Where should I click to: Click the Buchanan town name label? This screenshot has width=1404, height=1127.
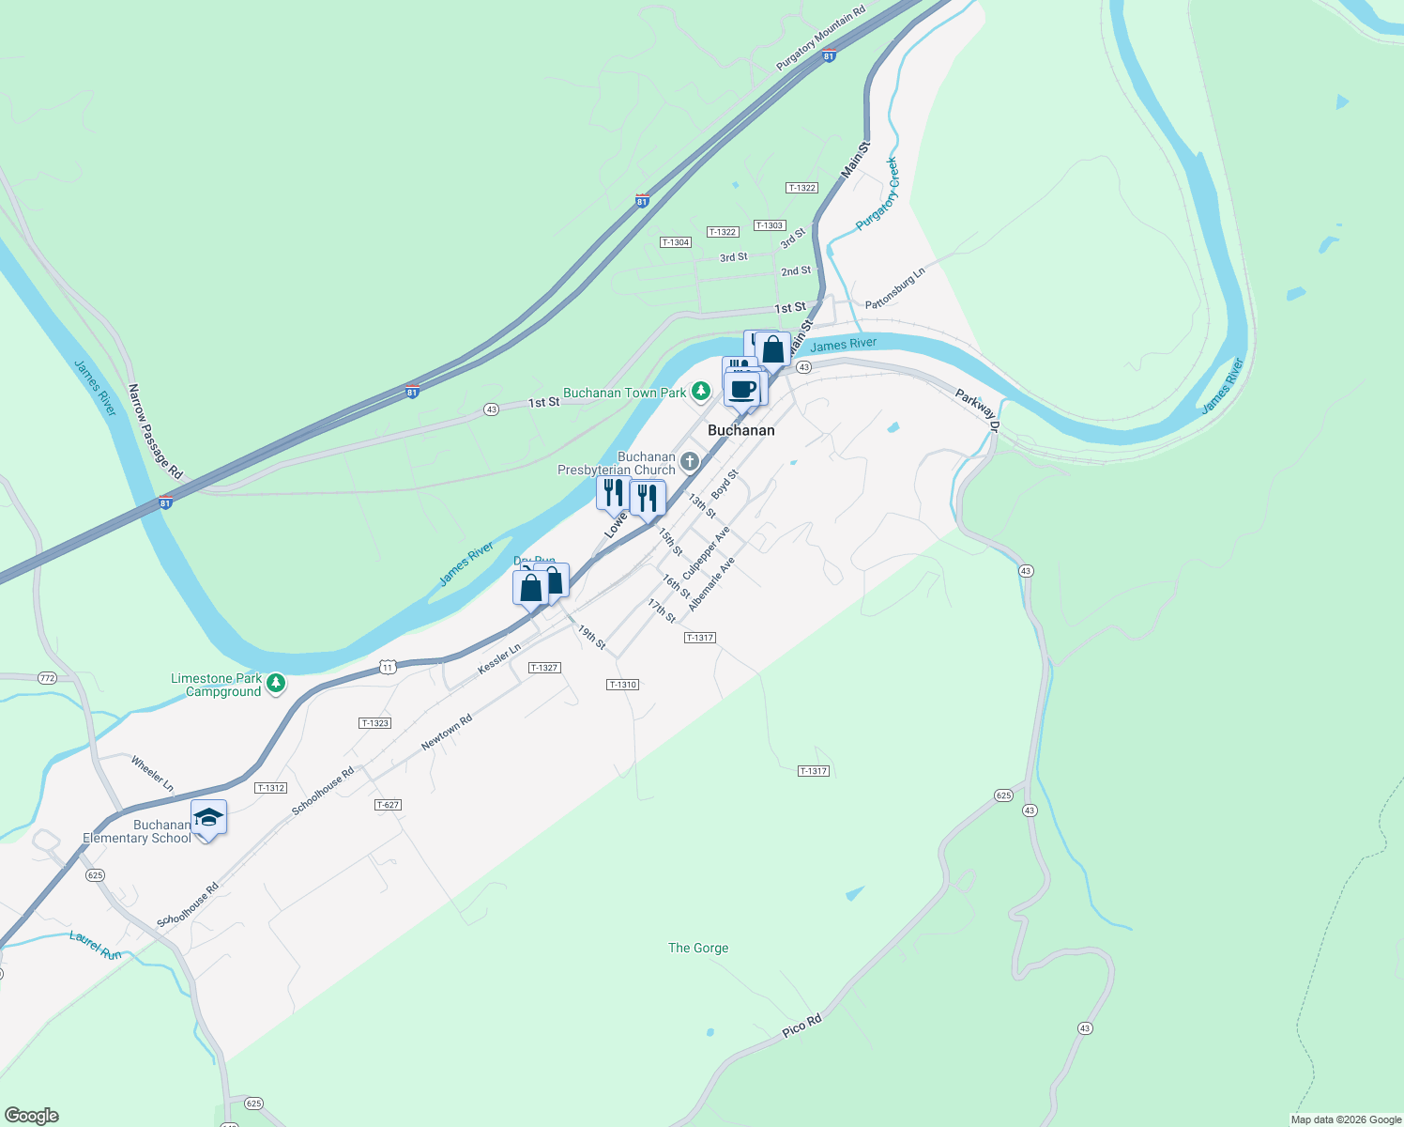tap(741, 430)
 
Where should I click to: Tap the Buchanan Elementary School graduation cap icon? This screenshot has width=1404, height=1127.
tap(208, 817)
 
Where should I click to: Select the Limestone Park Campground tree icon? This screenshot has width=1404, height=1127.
tap(275, 684)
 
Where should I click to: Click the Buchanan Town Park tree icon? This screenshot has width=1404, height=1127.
tap(700, 391)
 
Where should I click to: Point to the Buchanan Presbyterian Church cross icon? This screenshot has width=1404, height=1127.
tap(690, 461)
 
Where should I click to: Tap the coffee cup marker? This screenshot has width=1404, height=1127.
tap(742, 389)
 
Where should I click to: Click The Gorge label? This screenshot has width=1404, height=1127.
tap(698, 949)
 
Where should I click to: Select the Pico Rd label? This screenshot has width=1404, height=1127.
tap(802, 1026)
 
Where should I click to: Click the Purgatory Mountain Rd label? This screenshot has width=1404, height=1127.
tap(820, 39)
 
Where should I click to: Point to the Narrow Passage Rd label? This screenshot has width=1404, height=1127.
tap(155, 431)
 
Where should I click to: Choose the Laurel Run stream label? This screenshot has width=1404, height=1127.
tap(96, 945)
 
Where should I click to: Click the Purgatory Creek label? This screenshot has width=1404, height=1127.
tap(877, 194)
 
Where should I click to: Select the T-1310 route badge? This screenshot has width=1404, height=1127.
tap(623, 685)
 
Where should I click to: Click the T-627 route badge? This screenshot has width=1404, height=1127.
tap(388, 805)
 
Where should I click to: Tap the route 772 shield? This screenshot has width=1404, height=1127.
tap(47, 678)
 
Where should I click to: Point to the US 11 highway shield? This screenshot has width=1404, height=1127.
tap(388, 667)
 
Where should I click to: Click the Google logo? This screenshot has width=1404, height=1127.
tap(32, 1116)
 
